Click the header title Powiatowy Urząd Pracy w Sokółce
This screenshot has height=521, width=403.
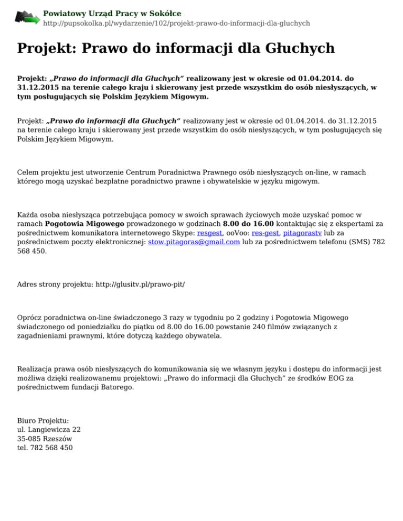coord(112,13)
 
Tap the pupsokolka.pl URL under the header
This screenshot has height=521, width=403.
coord(176,24)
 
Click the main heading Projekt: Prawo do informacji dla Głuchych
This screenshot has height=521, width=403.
coord(176,49)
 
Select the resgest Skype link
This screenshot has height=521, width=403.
coord(210,232)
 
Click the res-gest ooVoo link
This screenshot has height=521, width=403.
coord(265,232)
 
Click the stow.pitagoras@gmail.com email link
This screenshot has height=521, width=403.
coord(194,242)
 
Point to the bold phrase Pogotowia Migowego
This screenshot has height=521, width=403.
coord(89,223)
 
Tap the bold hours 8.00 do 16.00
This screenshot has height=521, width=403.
coord(248,223)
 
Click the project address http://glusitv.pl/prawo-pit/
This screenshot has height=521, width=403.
coord(139,284)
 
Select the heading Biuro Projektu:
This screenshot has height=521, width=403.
coord(43,420)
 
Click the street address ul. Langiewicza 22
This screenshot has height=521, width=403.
coord(49,429)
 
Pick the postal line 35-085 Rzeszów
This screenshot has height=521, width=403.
coord(45,439)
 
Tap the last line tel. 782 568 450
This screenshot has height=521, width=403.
coord(45,448)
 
